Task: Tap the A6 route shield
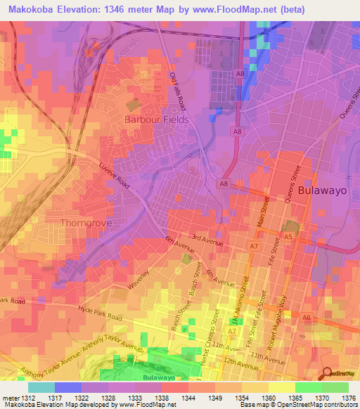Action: [306, 318]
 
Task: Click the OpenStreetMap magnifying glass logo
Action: [326, 374]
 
